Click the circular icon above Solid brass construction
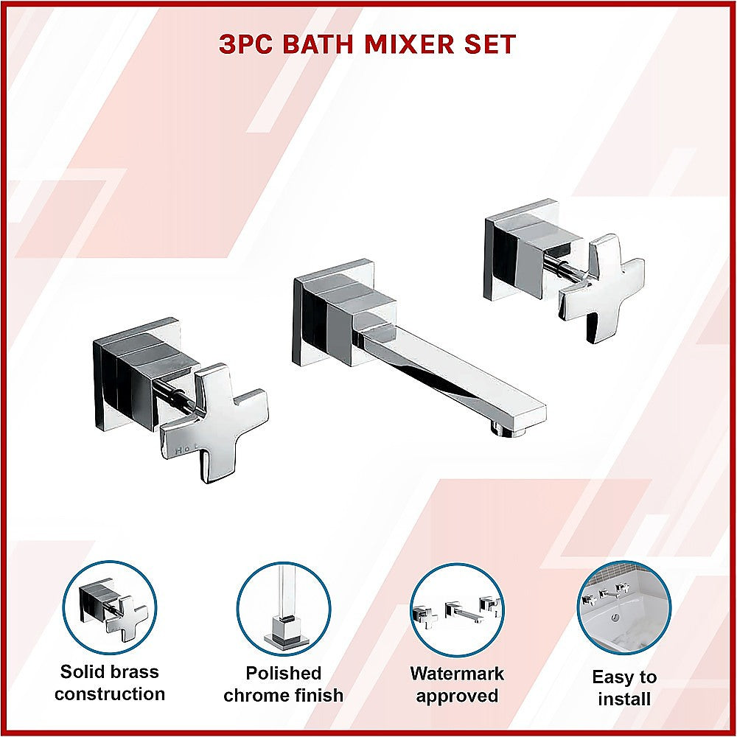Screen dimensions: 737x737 tap(109, 607)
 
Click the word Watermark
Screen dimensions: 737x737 tap(457, 673)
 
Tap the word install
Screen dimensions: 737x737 tap(624, 699)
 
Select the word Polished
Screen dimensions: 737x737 tap(284, 673)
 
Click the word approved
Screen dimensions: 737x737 tap(457, 696)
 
